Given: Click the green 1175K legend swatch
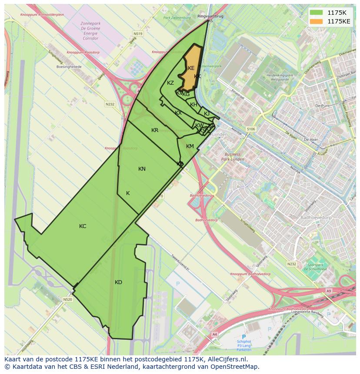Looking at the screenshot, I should click(x=316, y=13).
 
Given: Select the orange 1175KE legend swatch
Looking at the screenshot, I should click(x=316, y=21).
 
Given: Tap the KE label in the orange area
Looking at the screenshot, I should click(x=191, y=68).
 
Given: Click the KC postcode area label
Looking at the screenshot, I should click(x=83, y=226).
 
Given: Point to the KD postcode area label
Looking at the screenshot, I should click(x=118, y=282).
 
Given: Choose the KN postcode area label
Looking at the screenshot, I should click(x=142, y=169).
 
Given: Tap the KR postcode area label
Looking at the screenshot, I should click(x=155, y=130).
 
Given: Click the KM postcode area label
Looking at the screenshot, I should click(x=190, y=146).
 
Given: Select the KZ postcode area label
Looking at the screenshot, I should click(x=170, y=83).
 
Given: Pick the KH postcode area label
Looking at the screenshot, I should click(x=194, y=105).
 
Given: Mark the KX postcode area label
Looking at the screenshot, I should click(x=178, y=113).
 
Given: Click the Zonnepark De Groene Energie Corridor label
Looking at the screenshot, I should click(x=90, y=30).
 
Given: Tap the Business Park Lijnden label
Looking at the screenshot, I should click(x=232, y=157).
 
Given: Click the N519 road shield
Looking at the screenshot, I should click(x=138, y=33).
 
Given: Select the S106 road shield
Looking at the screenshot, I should click(x=250, y=129).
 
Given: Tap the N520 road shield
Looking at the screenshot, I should click(x=67, y=299).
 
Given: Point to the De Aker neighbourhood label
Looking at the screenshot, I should click(x=311, y=139).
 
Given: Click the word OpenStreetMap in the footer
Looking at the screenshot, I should click(x=237, y=367).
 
